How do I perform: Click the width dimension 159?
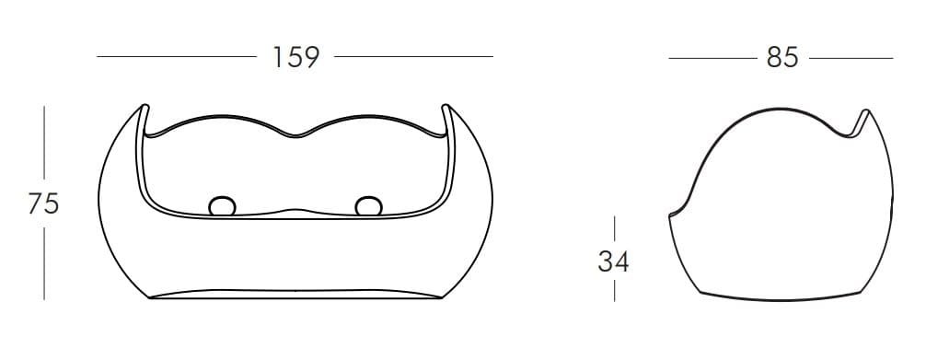click(295, 57)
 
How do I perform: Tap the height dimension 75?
click(43, 203)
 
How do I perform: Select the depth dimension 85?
click(782, 58)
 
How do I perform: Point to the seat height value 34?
click(614, 261)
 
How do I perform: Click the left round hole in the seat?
click(223, 205)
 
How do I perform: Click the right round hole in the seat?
click(368, 205)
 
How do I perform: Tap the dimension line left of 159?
click(177, 57)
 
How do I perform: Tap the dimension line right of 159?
click(413, 57)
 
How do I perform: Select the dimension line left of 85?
click(712, 58)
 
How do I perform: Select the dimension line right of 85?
click(851, 58)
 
